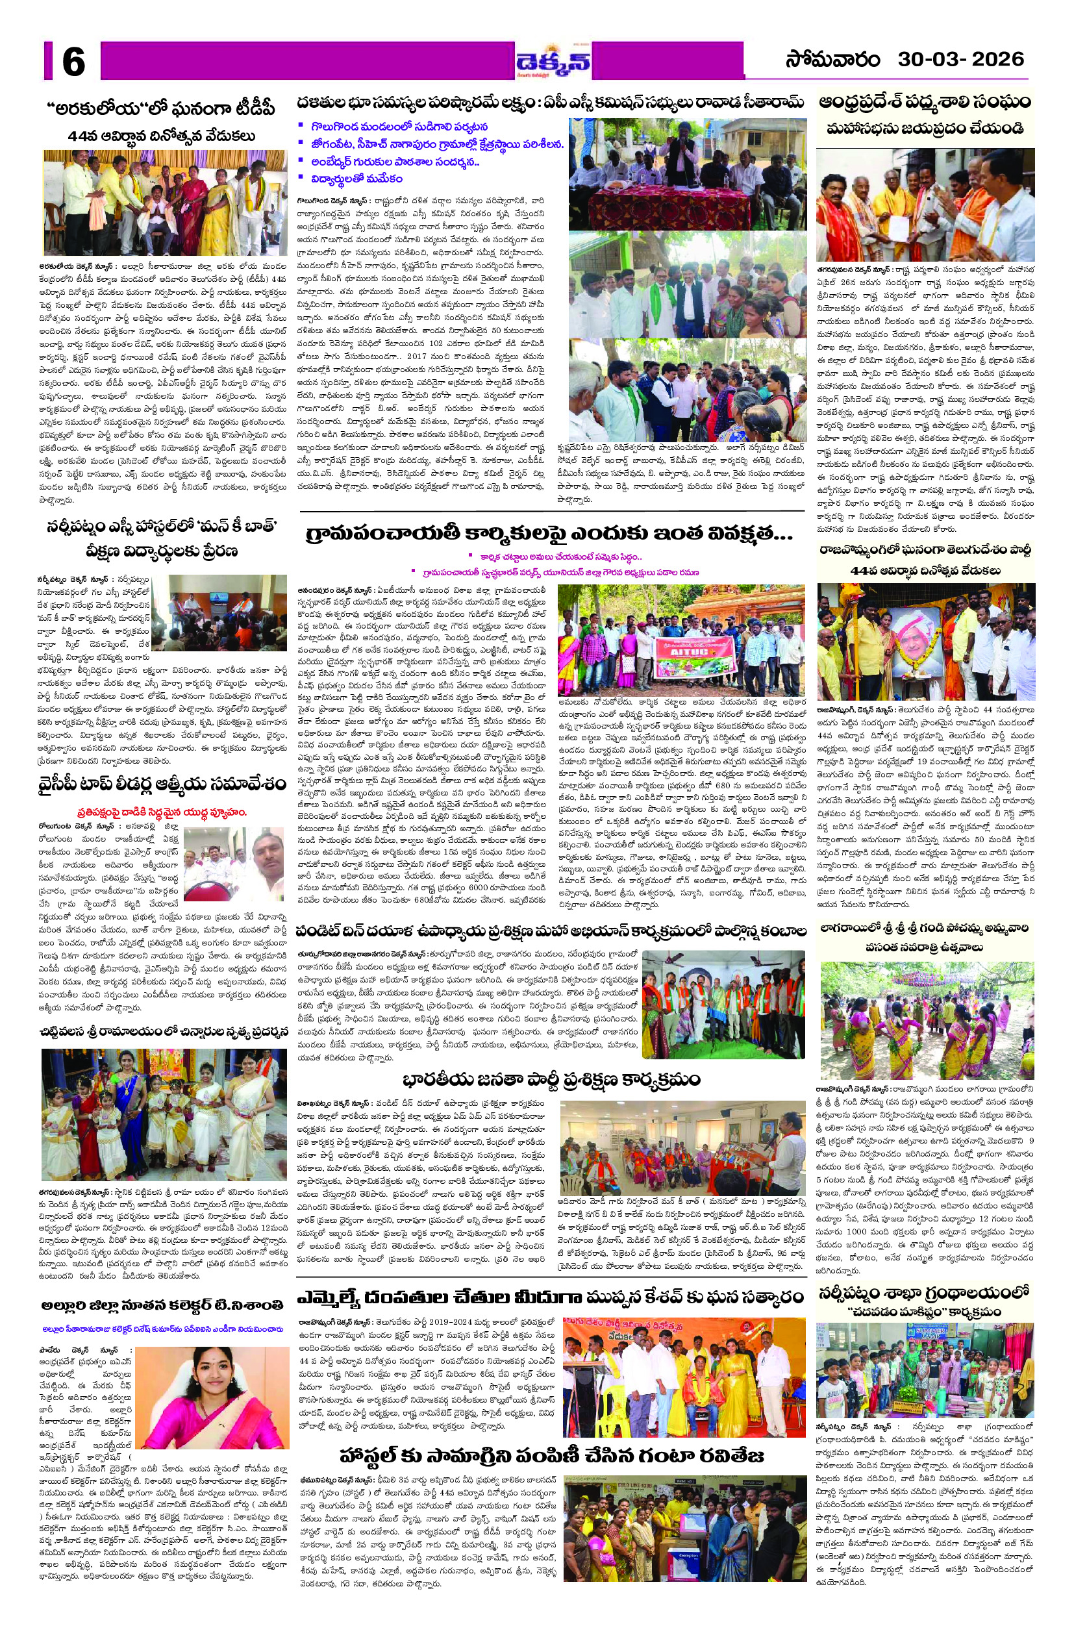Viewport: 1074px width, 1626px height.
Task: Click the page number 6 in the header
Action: point(73,62)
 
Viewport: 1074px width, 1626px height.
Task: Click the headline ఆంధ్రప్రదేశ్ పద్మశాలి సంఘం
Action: point(925,103)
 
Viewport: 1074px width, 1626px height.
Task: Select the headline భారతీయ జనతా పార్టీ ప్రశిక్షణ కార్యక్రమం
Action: point(551,1079)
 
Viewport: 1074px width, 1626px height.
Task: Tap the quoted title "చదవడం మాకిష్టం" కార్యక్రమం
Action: point(925,1311)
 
